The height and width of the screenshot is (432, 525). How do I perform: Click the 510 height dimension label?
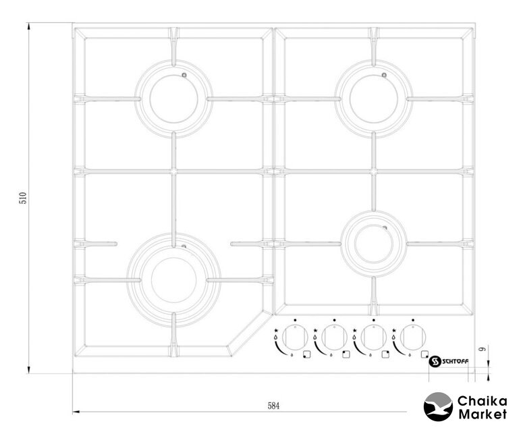coord(23,198)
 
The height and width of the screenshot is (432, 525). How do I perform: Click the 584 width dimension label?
coord(273,406)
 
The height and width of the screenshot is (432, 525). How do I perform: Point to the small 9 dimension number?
coord(483,349)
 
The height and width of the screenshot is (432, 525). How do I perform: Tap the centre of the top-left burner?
coord(174,99)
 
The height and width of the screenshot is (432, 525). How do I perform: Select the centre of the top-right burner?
coord(374,99)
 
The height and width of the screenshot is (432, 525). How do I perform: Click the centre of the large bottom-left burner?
coord(174,280)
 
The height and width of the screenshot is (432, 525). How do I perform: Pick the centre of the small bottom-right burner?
coord(374,244)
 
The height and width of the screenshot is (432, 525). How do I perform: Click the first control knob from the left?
coord(295,337)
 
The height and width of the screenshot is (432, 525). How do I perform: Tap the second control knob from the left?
coord(334,337)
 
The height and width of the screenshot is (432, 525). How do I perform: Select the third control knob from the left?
coord(374,337)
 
